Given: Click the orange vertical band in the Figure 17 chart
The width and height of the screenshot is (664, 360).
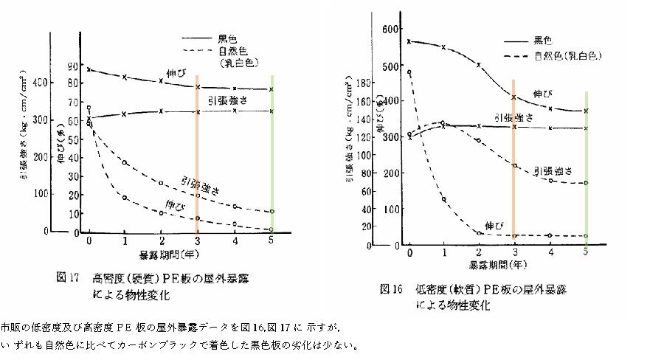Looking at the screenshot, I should coord(197,155).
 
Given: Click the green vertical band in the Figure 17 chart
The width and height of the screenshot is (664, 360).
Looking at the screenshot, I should coord(272,155).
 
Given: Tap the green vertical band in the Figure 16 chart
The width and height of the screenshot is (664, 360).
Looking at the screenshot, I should coord(586,170).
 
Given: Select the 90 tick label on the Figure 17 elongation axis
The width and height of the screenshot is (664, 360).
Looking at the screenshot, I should coord(71,66).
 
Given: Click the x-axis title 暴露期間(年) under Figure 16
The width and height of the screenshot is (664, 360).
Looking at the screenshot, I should coord(499,263).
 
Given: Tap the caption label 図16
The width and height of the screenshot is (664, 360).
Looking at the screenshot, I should coord(390,288).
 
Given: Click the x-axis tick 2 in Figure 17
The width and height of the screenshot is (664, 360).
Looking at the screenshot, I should coord(162,241).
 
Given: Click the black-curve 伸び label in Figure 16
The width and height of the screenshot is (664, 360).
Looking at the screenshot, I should coord(544,93).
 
